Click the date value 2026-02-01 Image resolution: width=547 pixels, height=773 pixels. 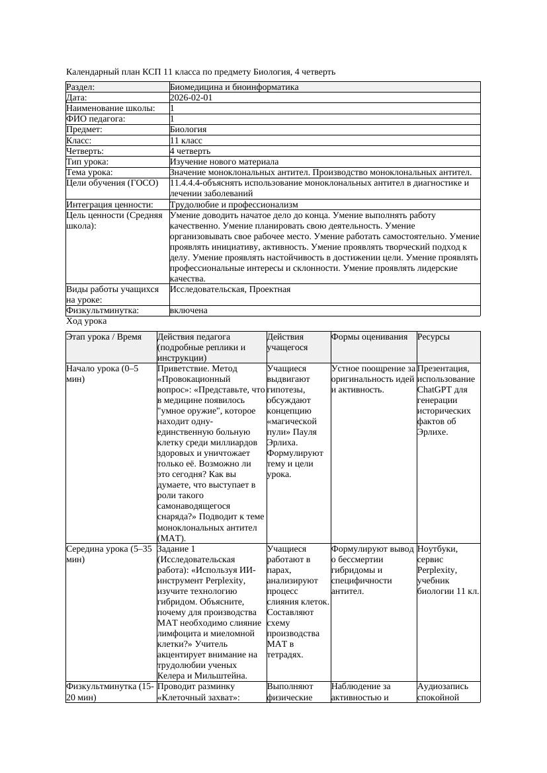[x=191, y=98]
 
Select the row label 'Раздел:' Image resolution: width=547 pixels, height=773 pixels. [x=81, y=87]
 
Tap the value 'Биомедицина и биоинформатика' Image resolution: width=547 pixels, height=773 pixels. [x=234, y=87]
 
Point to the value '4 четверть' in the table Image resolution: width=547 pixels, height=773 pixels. [x=190, y=151]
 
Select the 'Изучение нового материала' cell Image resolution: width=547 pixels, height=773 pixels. [x=224, y=162]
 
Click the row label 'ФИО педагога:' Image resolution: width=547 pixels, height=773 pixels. [x=96, y=119]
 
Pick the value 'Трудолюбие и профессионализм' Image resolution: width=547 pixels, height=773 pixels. [x=234, y=205]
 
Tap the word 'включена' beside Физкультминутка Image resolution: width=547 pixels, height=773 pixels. [x=189, y=311]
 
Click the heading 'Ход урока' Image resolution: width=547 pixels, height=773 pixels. [x=87, y=321]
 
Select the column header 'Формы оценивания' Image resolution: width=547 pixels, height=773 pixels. [x=369, y=337]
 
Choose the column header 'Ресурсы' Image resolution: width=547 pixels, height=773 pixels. [x=433, y=337]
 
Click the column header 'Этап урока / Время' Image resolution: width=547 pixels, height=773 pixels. [x=104, y=337]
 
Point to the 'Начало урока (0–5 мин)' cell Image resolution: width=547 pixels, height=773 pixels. [x=103, y=374]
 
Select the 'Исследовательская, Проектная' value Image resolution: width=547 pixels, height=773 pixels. [x=230, y=289]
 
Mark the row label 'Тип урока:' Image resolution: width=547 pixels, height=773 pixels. [x=87, y=162]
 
